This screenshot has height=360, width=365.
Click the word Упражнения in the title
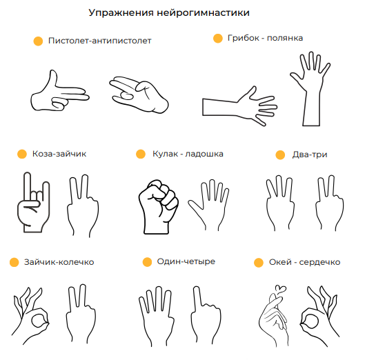pos(121,13)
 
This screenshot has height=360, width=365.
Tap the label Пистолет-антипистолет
pos(100,41)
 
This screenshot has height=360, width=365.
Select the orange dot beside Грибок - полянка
pos(218,39)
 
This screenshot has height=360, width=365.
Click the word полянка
pos(285,38)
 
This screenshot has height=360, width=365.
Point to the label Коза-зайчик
pos(59,154)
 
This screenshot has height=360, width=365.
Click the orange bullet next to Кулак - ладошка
pos(141,154)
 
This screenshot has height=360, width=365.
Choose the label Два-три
pos(310,154)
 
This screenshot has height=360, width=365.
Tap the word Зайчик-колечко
pos(59,262)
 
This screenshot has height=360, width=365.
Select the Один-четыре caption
pos(186,261)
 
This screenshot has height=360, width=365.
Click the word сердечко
pos(319,262)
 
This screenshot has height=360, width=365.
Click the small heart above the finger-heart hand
pos(281,289)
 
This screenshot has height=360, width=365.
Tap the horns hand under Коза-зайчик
pos(34,203)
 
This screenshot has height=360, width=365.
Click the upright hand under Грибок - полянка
pos(310,88)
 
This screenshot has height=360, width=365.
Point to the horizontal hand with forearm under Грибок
pos(239,106)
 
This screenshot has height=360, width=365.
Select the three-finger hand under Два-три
pos(280,203)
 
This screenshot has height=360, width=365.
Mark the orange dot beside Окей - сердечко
pos(259,263)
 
